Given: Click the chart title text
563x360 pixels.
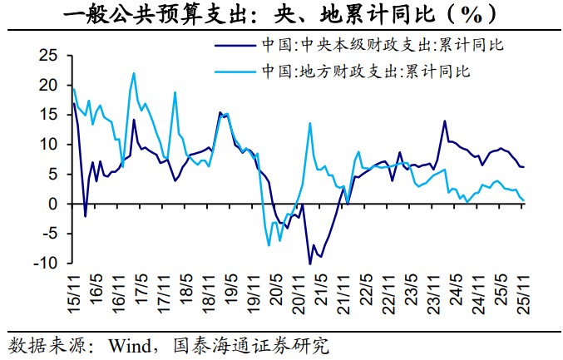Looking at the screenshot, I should pos(281,14).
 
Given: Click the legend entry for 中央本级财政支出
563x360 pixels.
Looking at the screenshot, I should pos(383,44).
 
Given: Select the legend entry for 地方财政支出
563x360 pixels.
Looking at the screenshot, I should pos(367,70).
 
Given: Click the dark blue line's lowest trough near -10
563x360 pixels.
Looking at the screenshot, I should pos(310,264).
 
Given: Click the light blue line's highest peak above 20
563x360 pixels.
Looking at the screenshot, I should pos(134,73).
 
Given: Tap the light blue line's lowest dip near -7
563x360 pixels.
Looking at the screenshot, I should pos(269,245).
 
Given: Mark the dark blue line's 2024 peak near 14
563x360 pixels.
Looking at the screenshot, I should pos(445,121).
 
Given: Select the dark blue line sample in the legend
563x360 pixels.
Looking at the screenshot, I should pos(235,45).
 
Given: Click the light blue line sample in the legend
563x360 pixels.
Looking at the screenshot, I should pos(235,71).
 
